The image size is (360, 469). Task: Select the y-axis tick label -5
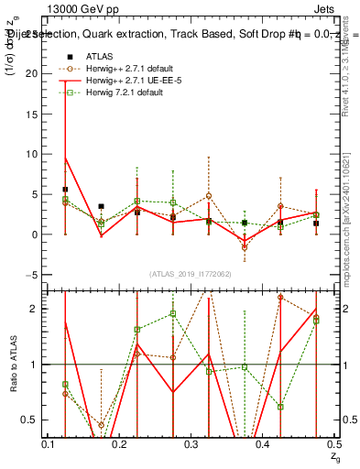(x=35, y=275)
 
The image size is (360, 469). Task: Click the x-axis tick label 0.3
(x=191, y=443)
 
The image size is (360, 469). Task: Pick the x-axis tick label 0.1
(x=48, y=443)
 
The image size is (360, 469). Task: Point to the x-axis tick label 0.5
(x=333, y=443)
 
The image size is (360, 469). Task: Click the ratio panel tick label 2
(x=37, y=309)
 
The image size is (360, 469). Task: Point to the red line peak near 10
(x=66, y=158)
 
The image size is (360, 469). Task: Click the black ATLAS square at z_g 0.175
(x=101, y=207)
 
